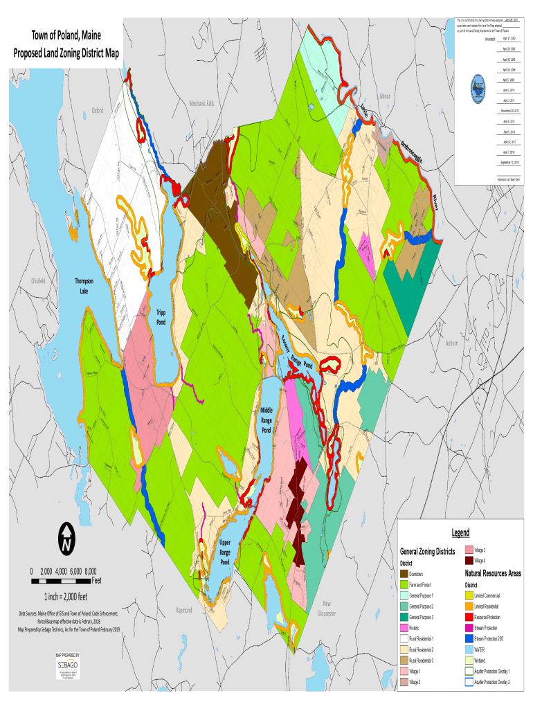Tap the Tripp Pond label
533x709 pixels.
click(161, 318)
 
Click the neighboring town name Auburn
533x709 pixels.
click(452, 343)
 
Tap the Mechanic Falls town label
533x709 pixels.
click(201, 103)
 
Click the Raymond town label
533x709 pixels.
click(184, 610)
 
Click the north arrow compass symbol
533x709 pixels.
click(67, 539)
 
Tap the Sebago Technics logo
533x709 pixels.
click(67, 665)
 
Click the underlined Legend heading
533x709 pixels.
click(461, 532)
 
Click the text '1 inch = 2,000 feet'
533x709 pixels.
click(68, 597)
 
